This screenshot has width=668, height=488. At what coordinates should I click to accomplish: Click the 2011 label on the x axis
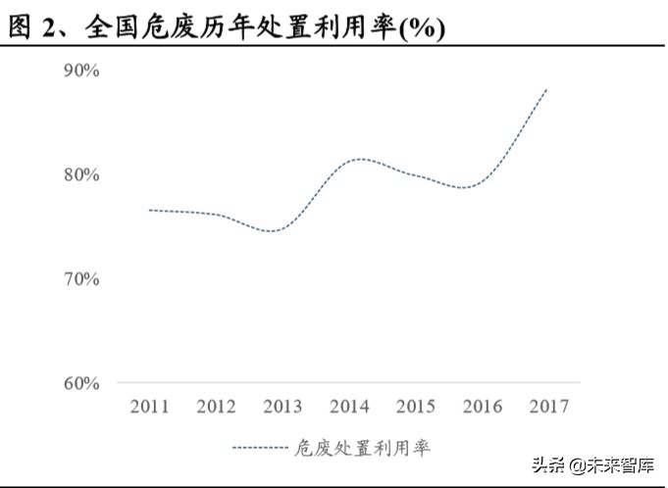pyautogui.click(x=150, y=407)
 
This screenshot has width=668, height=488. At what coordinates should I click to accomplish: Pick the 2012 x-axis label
pyautogui.click(x=217, y=407)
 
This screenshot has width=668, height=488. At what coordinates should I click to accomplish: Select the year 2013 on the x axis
pyautogui.click(x=283, y=407)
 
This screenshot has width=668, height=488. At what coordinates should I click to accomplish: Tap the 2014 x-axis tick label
pyautogui.click(x=349, y=407)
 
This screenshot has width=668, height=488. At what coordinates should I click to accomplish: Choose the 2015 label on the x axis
pyautogui.click(x=415, y=407)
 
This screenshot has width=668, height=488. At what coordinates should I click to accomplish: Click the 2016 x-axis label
pyautogui.click(x=482, y=407)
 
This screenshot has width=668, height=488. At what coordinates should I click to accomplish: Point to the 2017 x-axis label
pyautogui.click(x=547, y=407)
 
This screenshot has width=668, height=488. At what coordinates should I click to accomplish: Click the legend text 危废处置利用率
pyautogui.click(x=363, y=448)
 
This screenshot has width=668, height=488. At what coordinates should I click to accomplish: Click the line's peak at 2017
pyautogui.click(x=546, y=89)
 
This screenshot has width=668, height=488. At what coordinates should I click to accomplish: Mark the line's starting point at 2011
pyautogui.click(x=150, y=210)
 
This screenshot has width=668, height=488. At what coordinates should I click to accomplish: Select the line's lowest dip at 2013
pyautogui.click(x=275, y=231)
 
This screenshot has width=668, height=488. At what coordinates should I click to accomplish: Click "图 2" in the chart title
pyautogui.click(x=32, y=28)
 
